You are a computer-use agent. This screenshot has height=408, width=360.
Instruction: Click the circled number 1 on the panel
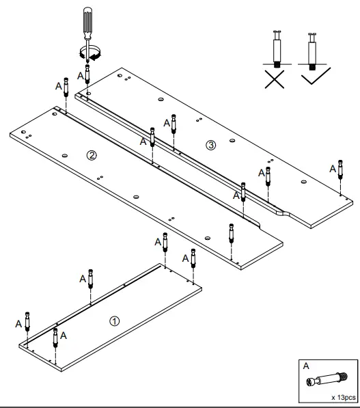click(114, 321)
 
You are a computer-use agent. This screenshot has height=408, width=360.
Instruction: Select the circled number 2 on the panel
click(91, 155)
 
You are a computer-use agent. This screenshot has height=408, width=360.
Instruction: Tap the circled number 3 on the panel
click(210, 144)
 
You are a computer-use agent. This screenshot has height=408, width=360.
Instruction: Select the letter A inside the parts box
click(306, 366)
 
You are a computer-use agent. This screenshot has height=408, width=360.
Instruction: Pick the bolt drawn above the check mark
click(312, 48)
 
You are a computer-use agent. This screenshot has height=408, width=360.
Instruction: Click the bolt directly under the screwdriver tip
click(87, 74)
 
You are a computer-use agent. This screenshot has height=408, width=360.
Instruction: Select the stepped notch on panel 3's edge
click(282, 213)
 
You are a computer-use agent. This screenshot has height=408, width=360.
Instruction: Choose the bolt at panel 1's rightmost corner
click(193, 258)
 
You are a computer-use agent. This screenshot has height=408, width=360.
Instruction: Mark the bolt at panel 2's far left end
click(66, 88)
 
